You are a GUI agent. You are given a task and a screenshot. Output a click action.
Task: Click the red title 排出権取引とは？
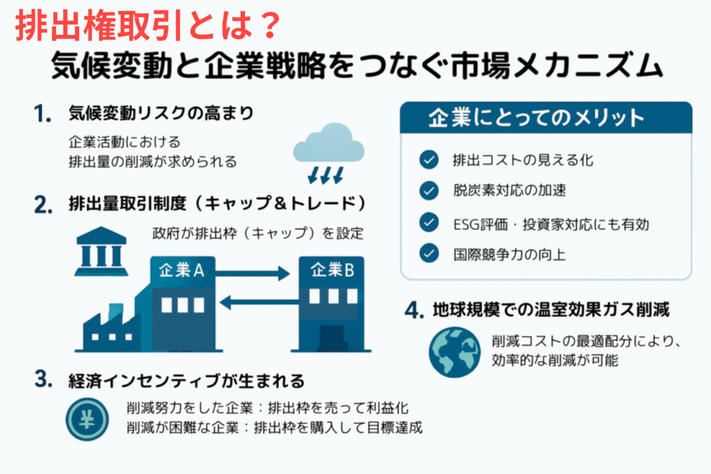[148, 26]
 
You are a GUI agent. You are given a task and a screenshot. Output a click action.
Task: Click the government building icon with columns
[101, 251]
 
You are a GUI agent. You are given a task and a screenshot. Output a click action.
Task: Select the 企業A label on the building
[181, 271]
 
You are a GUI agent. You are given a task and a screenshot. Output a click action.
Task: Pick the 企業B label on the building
[332, 270]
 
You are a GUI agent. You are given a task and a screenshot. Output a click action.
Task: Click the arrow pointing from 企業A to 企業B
[252, 273]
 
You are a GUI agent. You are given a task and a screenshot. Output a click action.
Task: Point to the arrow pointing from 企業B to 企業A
[259, 303]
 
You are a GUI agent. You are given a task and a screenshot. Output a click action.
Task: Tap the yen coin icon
[87, 419]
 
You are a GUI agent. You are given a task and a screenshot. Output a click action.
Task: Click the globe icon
[454, 352]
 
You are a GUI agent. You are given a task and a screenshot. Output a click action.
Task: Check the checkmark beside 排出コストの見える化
[428, 160]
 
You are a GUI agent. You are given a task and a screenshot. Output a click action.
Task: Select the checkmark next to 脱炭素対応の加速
[428, 190]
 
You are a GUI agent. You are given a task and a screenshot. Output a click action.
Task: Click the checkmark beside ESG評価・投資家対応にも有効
[428, 222]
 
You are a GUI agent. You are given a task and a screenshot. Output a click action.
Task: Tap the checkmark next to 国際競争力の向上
[428, 253]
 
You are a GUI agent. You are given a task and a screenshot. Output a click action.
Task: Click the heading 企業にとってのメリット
[536, 118]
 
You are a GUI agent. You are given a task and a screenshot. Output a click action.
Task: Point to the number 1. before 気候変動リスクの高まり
[42, 113]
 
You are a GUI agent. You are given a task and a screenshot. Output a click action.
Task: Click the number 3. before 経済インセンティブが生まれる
[44, 379]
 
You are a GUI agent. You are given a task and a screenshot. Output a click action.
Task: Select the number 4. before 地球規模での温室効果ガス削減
[414, 310]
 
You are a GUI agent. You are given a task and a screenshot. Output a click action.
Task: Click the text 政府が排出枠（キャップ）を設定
[258, 233]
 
